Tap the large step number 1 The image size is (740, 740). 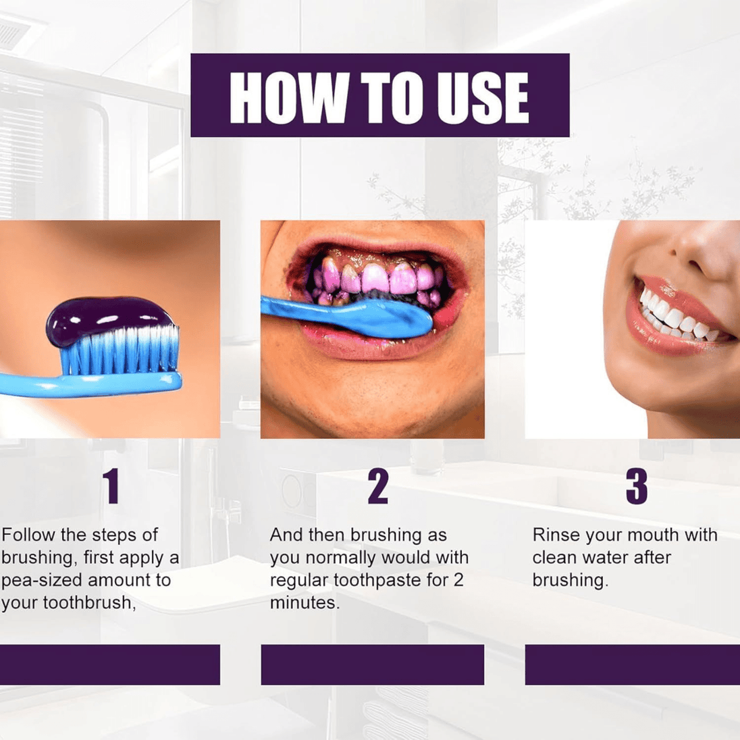coord(111,486)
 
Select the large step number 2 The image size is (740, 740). coord(378,486)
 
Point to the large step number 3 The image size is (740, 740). coord(636,486)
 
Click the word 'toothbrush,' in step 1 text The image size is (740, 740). coord(90,603)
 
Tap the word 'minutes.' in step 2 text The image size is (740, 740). coord(305,603)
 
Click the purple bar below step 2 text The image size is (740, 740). coord(372,664)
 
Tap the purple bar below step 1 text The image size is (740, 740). coord(110,664)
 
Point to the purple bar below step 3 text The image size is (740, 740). coord(633,664)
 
